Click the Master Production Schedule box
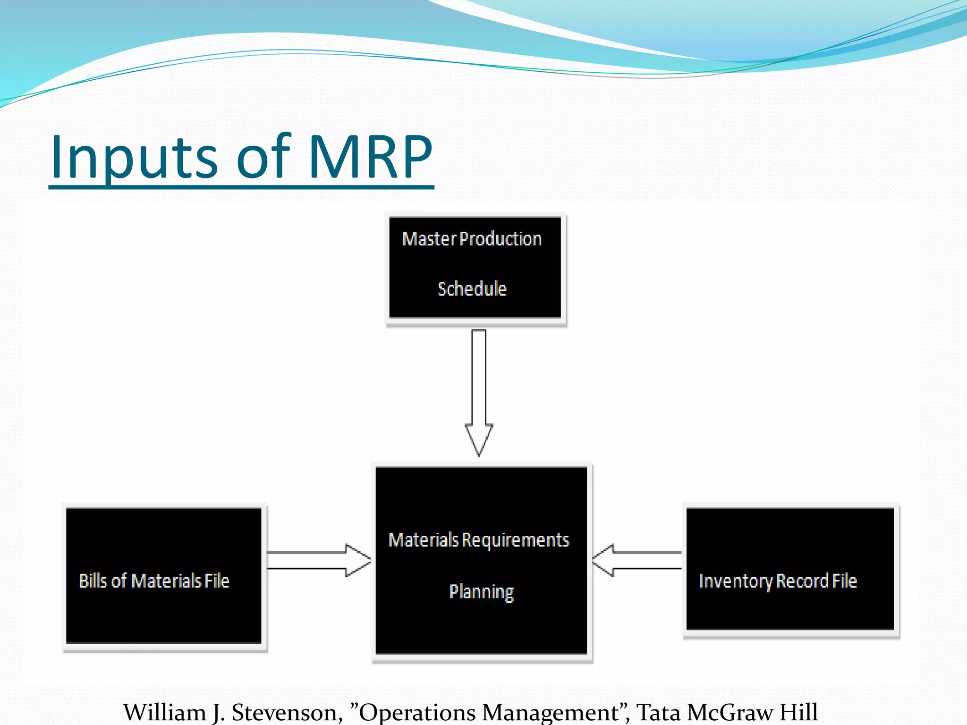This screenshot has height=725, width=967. [475, 267]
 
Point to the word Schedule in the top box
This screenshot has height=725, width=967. [472, 289]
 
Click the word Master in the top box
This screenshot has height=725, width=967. [429, 239]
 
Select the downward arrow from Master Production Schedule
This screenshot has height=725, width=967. [479, 392]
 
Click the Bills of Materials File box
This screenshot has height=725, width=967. [163, 575]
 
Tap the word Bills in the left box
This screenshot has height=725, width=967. [93, 581]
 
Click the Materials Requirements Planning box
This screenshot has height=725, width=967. [481, 560]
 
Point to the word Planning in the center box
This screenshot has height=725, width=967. [481, 592]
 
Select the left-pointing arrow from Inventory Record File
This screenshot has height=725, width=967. [636, 560]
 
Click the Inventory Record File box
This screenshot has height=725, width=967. [790, 569]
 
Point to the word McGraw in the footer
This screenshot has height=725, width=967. [729, 712]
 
